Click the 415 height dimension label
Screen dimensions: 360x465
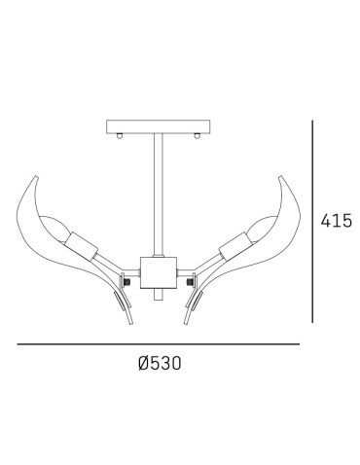click(x=336, y=221)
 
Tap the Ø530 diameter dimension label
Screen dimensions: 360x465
click(x=160, y=363)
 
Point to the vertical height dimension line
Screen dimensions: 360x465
click(x=312, y=222)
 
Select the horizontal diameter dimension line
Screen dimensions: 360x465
click(x=159, y=344)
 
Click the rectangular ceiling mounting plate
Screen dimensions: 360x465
click(x=159, y=126)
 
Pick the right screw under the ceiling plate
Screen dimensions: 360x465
click(x=197, y=136)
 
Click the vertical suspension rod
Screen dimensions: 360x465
click(x=159, y=196)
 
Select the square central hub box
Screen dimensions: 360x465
click(x=159, y=272)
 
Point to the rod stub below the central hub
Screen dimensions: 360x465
click(x=159, y=294)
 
